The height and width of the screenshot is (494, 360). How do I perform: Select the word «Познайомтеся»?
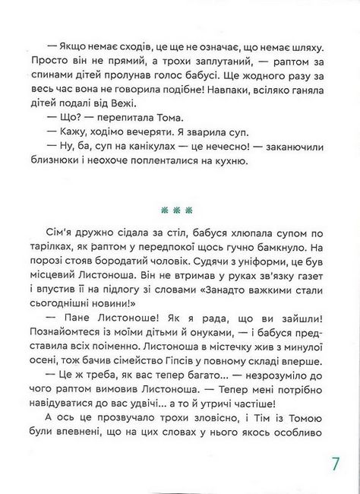click(x=65, y=336)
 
